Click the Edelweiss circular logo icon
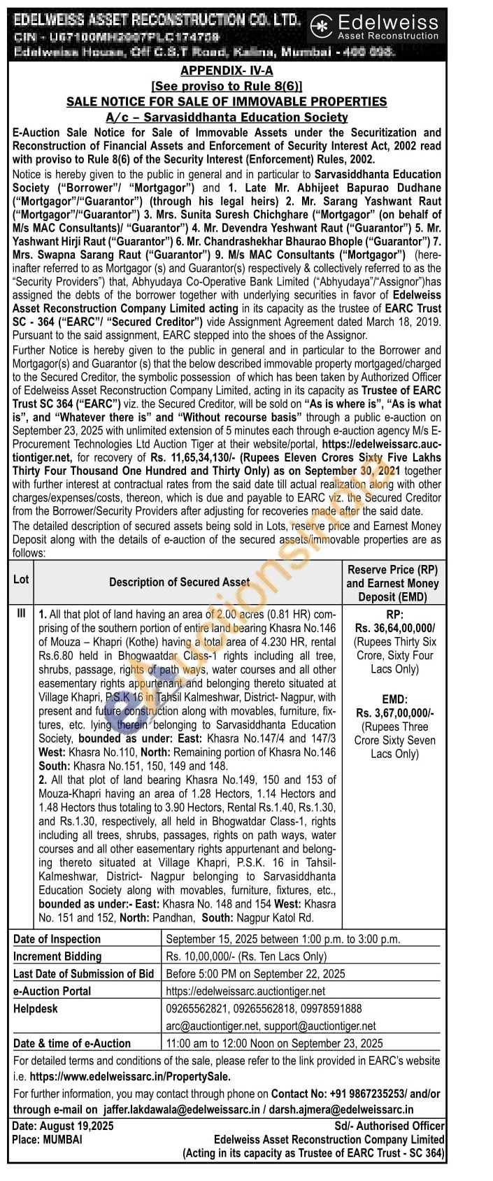coord(322,27)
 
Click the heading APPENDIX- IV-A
coord(227,71)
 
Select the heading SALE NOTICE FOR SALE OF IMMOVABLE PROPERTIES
coord(227,101)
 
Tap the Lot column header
coord(21,580)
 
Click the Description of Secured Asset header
coord(179,582)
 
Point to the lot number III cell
coord(21,613)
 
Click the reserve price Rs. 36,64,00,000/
coord(394,628)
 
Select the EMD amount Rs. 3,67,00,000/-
coord(394,713)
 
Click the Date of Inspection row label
coord(57,939)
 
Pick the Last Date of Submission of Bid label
coord(83,973)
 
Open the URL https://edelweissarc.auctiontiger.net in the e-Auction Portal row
coord(245,991)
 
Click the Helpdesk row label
coord(36,1008)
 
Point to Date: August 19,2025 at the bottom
coord(63,1126)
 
